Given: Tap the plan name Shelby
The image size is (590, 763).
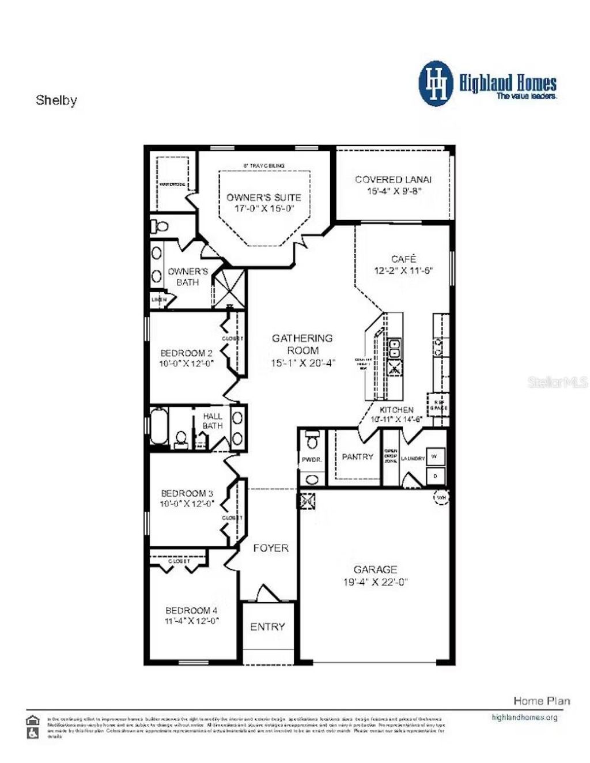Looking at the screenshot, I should point(56,100).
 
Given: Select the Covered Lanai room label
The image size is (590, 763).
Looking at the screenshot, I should point(393,180).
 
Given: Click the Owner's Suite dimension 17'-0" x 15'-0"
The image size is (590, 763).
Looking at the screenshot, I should point(264,209).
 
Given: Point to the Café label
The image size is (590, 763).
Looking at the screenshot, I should point(403,259).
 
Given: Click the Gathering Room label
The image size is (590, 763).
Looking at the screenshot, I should point(302,344).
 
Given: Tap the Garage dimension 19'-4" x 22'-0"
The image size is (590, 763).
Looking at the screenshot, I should point(376,582).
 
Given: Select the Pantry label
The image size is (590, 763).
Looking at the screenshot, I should point(357,456).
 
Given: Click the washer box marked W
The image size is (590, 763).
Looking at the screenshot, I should point(434,456).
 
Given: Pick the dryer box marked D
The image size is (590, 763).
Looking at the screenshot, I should point(434,475).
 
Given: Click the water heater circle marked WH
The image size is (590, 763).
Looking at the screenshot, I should point(441,497).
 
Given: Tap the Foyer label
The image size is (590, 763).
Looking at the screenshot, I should point(271,548).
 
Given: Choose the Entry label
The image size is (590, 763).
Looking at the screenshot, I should point(267,626).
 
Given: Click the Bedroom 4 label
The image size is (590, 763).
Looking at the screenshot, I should point(191,610).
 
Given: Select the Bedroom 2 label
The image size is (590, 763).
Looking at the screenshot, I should point(187,353).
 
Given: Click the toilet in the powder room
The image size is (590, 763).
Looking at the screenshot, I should point(312,440).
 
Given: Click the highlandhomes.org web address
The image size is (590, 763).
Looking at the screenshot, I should point(524,717).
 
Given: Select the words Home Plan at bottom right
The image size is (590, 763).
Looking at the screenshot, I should point(542,701).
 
